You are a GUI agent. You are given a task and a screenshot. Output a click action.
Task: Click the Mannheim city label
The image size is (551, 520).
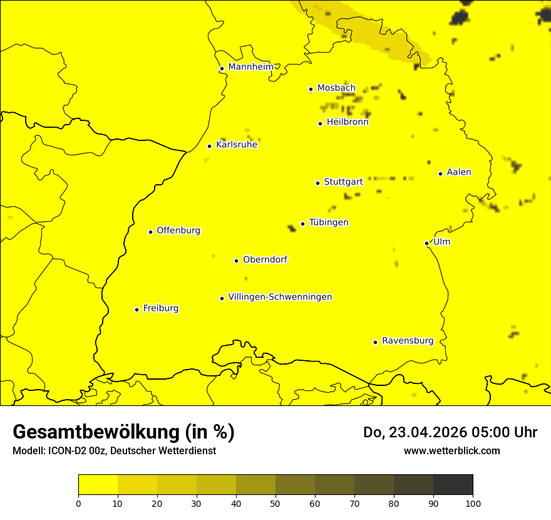[x=250, y=66]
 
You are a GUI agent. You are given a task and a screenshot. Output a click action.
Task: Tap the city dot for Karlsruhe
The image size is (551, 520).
[x=209, y=146]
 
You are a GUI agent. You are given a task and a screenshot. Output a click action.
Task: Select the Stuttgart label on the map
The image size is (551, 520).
[x=343, y=182]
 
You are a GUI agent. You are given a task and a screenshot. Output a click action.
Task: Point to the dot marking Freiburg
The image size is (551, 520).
[x=136, y=309]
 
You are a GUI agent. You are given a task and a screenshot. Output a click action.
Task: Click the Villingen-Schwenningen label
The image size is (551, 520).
[x=280, y=297]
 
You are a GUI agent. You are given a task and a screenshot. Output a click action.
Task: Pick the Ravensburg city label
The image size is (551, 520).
[x=408, y=341]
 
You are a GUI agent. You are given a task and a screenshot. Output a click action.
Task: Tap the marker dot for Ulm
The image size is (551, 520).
[x=426, y=243]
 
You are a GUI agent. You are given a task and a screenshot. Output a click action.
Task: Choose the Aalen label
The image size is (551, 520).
[x=459, y=172]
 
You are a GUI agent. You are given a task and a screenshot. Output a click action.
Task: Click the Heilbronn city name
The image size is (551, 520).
[x=348, y=122]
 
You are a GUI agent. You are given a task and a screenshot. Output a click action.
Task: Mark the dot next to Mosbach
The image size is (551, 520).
[x=311, y=89]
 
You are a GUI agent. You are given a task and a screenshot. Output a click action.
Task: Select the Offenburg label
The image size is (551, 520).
[x=178, y=231]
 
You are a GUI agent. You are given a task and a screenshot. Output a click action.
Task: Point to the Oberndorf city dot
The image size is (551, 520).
[x=236, y=261]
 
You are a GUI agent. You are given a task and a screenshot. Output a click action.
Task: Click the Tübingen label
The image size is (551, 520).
[x=329, y=222]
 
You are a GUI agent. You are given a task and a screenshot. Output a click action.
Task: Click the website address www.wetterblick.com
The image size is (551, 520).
[x=451, y=450]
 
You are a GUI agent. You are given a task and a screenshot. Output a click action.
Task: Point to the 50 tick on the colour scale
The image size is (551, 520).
[x=275, y=502]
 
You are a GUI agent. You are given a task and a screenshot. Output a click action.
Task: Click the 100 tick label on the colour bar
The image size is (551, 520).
[x=473, y=502]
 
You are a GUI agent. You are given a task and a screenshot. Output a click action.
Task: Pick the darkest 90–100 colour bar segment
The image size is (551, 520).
[x=453, y=484]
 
